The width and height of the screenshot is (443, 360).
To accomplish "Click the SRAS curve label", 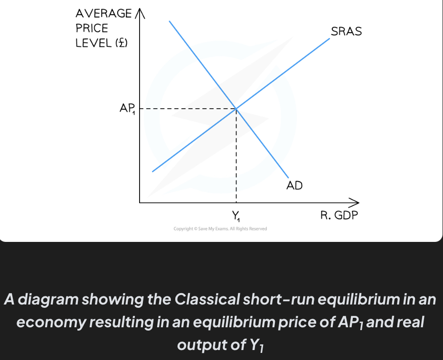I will pos(346,32).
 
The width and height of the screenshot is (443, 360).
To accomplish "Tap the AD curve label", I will pos(294,185).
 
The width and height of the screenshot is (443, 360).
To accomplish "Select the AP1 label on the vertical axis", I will pos(127,109).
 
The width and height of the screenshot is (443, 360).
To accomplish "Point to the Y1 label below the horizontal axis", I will pos(236,217).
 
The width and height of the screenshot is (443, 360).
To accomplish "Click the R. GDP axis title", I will pos(339,216).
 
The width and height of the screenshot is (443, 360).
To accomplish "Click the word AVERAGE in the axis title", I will pos(103,14).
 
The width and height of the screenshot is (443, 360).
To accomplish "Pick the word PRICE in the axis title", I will pos(92,28).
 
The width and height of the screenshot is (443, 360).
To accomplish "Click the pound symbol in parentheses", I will pos(122,43).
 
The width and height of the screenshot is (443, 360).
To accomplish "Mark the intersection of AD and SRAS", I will pos(236,109).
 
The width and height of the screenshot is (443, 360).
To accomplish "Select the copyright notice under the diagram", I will pos(220,229).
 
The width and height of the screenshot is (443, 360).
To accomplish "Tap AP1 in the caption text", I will pos(352,323).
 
